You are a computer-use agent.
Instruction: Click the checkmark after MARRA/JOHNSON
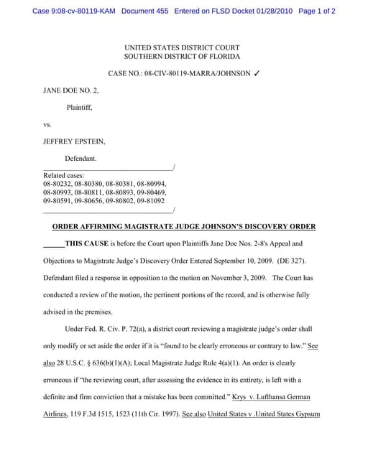(x=257, y=74)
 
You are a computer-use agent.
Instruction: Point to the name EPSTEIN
(x=86, y=141)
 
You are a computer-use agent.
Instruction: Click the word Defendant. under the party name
(x=80, y=159)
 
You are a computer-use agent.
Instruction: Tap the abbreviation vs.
(x=47, y=124)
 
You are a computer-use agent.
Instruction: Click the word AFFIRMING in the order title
(x=109, y=227)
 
